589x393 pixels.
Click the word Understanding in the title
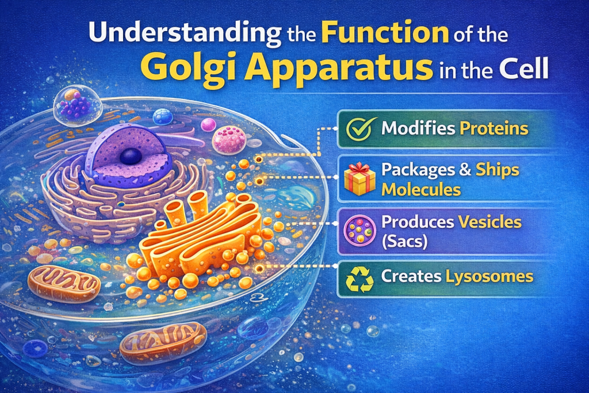point(185,33)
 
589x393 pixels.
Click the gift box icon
point(359,179)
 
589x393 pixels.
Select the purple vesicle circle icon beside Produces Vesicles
point(360,230)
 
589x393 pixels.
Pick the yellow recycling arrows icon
point(360,279)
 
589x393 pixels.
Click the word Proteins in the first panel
point(494,128)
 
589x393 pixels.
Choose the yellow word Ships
point(498,170)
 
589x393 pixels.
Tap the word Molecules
point(421,190)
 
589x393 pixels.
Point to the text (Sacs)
point(404,242)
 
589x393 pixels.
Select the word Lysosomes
point(489,277)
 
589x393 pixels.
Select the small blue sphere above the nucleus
point(163,116)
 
